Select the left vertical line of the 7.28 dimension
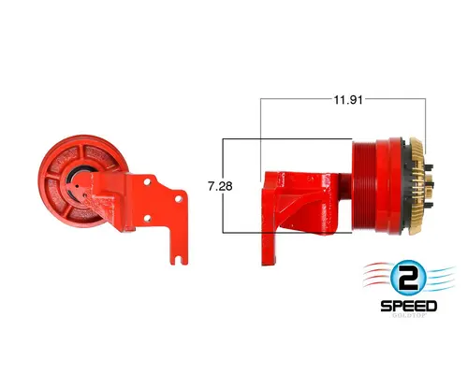click(x=222, y=186)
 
